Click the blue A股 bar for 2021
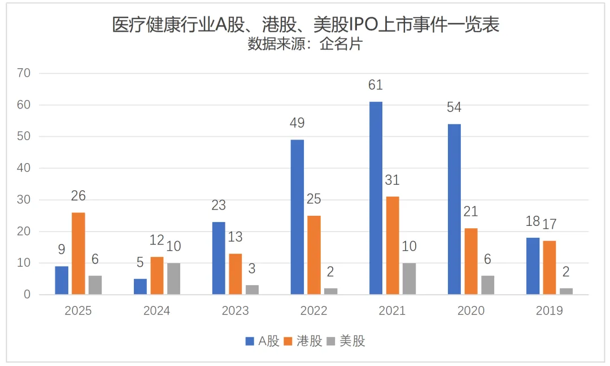[x=376, y=198]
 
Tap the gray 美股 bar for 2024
[x=173, y=278]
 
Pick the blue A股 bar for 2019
[x=533, y=266]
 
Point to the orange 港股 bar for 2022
[x=314, y=255]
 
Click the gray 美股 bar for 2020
[x=487, y=285]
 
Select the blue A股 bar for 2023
[x=219, y=258]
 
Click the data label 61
[x=376, y=85]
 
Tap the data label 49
[x=297, y=123]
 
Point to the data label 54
[x=454, y=107]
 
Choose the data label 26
[x=79, y=196]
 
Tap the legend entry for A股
[x=263, y=341]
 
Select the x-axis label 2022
[x=313, y=311]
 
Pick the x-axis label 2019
[x=549, y=311]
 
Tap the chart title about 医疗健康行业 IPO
[x=306, y=25]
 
